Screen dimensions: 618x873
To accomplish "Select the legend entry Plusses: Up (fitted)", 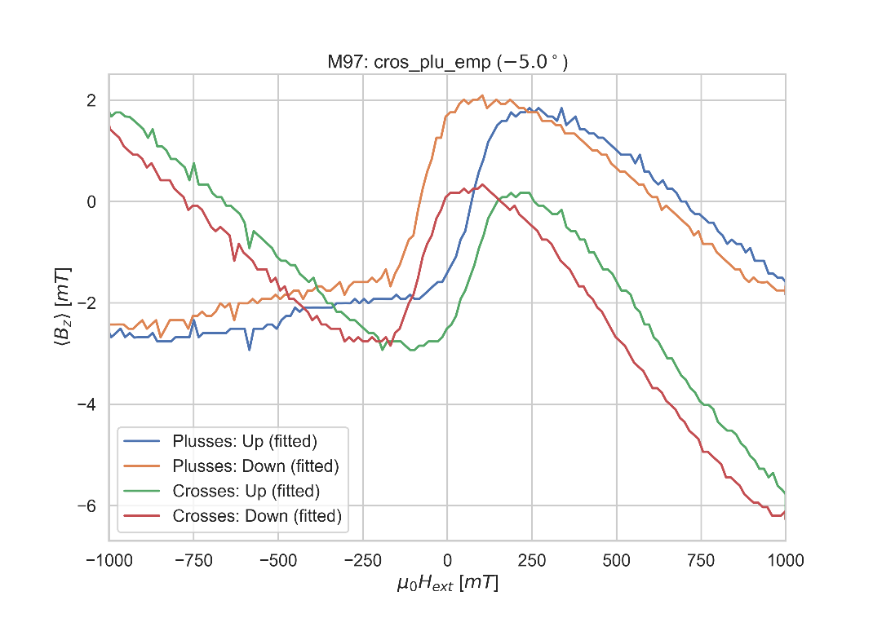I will [245, 441].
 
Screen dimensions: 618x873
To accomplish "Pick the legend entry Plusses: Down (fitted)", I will [255, 466].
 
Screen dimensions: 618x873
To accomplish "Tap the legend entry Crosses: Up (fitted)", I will [246, 491].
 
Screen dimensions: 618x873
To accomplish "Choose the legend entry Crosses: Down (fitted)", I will [256, 516].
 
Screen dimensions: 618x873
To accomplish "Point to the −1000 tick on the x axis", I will [109, 560].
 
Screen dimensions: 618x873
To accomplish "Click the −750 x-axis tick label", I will [193, 560].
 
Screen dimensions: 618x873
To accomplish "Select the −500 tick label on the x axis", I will [278, 560].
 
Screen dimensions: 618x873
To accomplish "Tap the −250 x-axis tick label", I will [362, 560].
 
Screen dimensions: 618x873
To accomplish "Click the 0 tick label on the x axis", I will [447, 560].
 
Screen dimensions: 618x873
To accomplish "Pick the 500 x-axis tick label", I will [616, 560].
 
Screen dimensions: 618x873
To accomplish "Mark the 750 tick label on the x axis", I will [701, 560].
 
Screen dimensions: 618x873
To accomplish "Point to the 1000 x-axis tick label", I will [785, 560].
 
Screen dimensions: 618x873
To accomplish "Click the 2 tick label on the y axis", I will [91, 100].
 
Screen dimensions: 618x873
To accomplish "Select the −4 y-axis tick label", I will [86, 404].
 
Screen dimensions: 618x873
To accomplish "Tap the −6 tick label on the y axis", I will [86, 506].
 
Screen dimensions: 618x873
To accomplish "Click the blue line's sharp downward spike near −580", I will [250, 349].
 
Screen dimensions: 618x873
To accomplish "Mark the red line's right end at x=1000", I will [785, 511].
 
